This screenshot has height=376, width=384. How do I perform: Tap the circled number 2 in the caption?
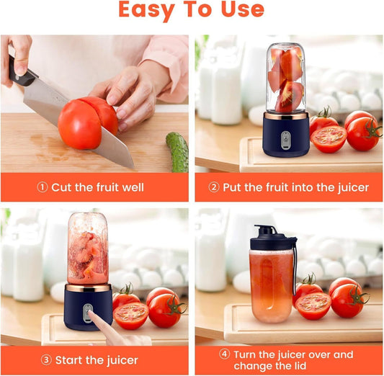(214, 187)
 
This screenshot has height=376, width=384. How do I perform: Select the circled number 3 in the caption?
(45, 360)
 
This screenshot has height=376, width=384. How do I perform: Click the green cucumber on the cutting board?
(177, 151)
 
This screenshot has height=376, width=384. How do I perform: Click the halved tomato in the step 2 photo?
(329, 138)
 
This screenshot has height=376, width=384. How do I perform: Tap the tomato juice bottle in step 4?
(272, 285)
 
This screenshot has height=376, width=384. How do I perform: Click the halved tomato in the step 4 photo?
(313, 305)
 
